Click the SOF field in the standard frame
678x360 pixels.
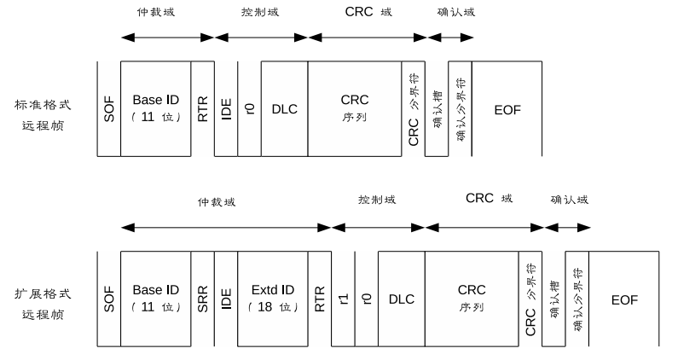(109, 108)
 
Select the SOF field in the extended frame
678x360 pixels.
(109, 298)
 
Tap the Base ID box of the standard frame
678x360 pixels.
(156, 108)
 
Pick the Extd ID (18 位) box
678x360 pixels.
(273, 298)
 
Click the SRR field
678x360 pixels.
(203, 298)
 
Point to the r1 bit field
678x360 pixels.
(343, 298)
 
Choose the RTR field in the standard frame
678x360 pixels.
(203, 108)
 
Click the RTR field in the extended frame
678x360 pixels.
(320, 298)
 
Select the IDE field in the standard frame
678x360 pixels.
(227, 108)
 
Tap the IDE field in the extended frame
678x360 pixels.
(227, 298)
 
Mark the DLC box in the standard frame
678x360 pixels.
(284, 108)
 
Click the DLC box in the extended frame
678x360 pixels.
(401, 298)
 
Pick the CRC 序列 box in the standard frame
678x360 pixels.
(354, 108)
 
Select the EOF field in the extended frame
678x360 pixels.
(624, 298)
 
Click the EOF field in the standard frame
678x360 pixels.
(507, 108)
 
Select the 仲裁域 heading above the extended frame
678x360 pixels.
(216, 202)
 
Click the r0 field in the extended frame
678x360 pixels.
(367, 298)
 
